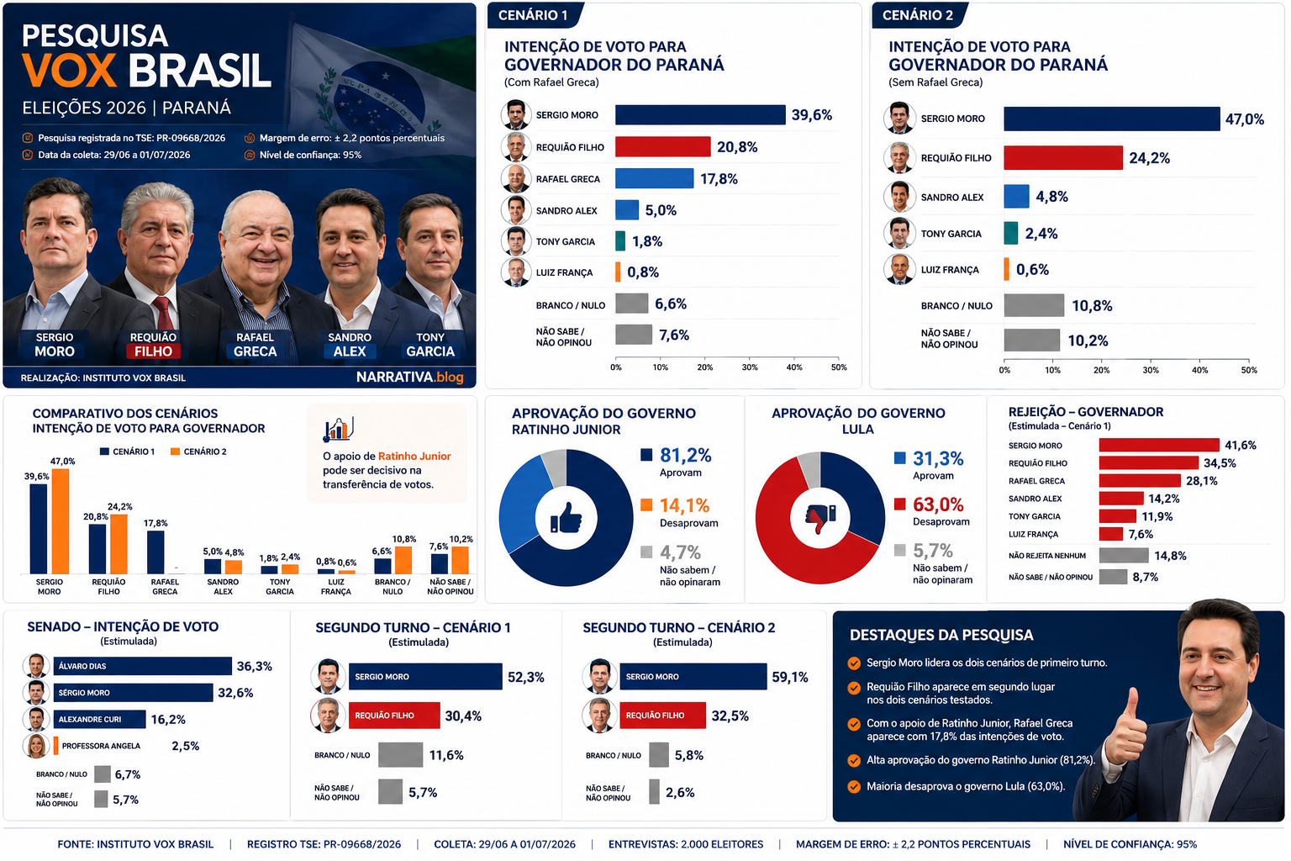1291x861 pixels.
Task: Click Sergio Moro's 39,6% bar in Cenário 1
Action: (x=700, y=114)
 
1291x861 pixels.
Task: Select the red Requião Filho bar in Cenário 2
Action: (x=1063, y=157)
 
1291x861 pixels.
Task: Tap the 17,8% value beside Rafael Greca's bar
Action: (x=719, y=179)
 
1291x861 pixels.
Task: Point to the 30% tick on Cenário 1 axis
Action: (x=749, y=367)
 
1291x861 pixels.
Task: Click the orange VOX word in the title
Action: (x=69, y=71)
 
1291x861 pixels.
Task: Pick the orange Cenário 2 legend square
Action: (x=175, y=452)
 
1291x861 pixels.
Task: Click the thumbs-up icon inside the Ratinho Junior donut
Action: (x=566, y=517)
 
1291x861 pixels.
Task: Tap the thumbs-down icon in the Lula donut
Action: (x=820, y=518)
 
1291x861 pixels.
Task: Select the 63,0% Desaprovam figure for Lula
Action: (x=938, y=504)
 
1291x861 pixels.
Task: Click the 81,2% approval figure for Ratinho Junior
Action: (x=685, y=456)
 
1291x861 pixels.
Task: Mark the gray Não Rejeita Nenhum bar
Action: (x=1124, y=555)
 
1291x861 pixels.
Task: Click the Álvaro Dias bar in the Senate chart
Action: (x=142, y=666)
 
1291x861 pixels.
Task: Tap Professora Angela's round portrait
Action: (x=36, y=746)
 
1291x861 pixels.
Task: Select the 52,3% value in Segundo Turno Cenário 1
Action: (x=525, y=677)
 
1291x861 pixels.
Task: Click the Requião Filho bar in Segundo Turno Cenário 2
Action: (x=663, y=715)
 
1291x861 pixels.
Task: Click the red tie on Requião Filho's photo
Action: (x=163, y=314)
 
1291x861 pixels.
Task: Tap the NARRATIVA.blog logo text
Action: (x=410, y=378)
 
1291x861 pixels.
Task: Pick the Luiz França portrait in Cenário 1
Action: (x=515, y=272)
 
